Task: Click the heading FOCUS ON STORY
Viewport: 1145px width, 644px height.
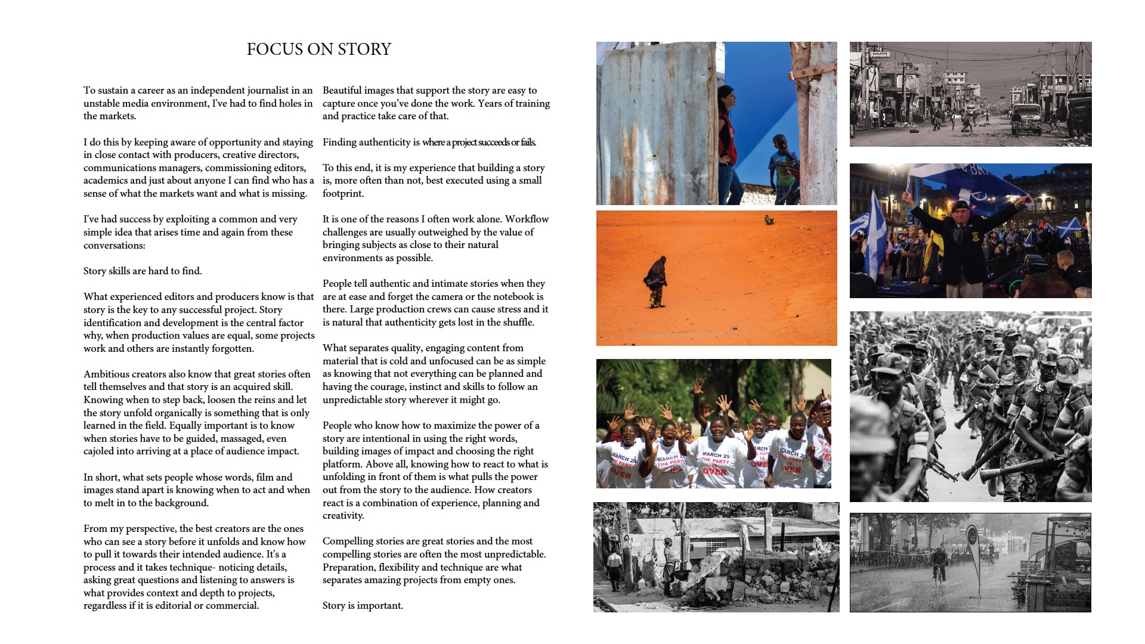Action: tap(318, 49)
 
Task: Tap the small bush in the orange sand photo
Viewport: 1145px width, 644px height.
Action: tap(769, 220)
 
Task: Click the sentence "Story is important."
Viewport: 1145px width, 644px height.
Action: tap(363, 606)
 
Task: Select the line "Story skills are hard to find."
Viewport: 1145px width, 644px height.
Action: tap(143, 271)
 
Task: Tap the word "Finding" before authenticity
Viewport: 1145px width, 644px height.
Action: tap(339, 143)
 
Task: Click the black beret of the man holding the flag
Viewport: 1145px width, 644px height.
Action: tap(960, 206)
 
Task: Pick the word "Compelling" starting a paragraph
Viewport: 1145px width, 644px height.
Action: tap(346, 541)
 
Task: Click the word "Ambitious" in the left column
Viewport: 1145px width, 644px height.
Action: tap(105, 374)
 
